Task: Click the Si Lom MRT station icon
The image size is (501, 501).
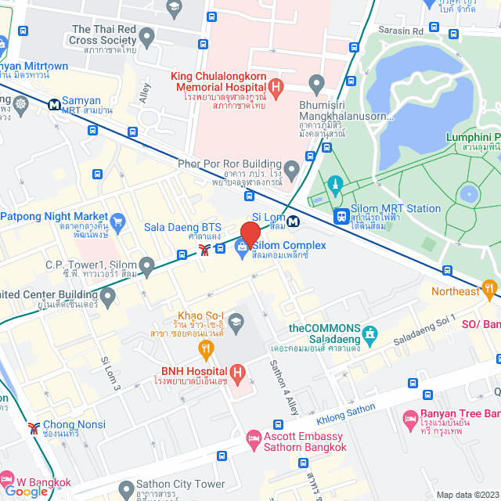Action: click(x=292, y=222)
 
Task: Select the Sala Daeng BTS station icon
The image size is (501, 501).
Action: click(x=204, y=250)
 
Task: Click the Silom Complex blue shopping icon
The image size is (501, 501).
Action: click(x=242, y=250)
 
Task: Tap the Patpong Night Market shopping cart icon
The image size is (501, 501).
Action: click(x=118, y=222)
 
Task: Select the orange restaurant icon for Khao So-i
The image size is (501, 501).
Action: click(x=207, y=348)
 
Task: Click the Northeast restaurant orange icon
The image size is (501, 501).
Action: click(x=491, y=291)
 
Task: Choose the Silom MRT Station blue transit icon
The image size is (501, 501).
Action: click(x=341, y=215)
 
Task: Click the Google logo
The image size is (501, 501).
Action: click(x=27, y=492)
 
